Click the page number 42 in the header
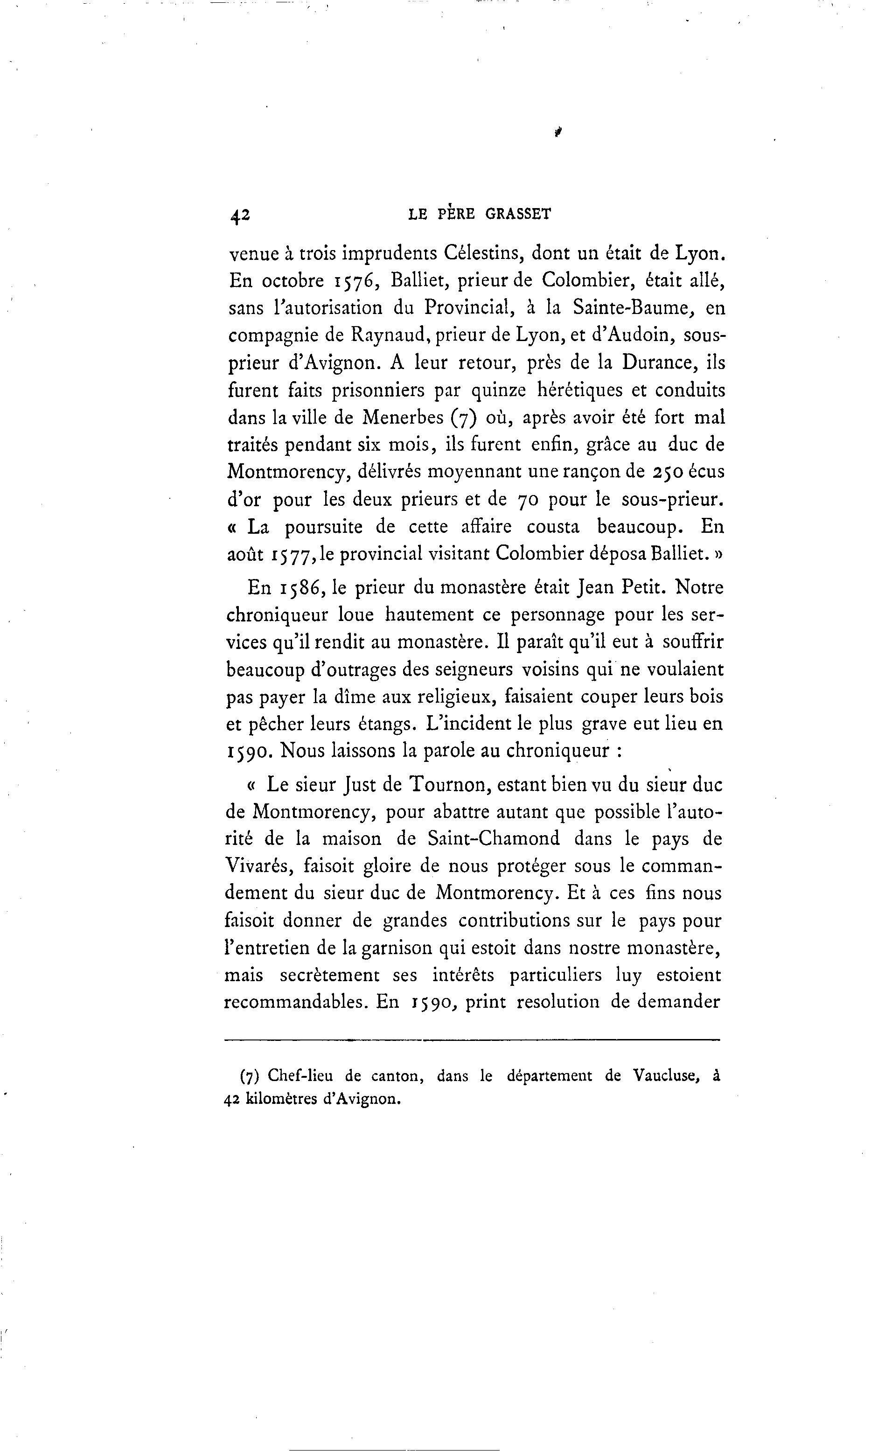click(x=240, y=216)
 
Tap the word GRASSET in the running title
click(x=518, y=214)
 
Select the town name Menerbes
click(x=402, y=418)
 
